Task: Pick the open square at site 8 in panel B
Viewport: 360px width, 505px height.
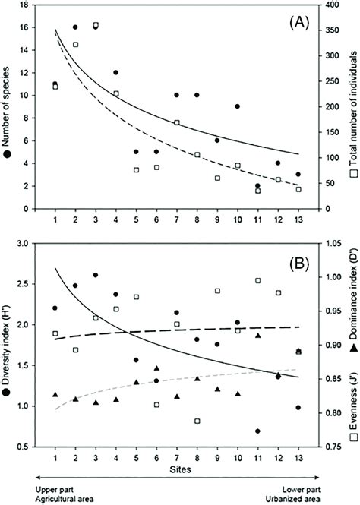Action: [x=197, y=421]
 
